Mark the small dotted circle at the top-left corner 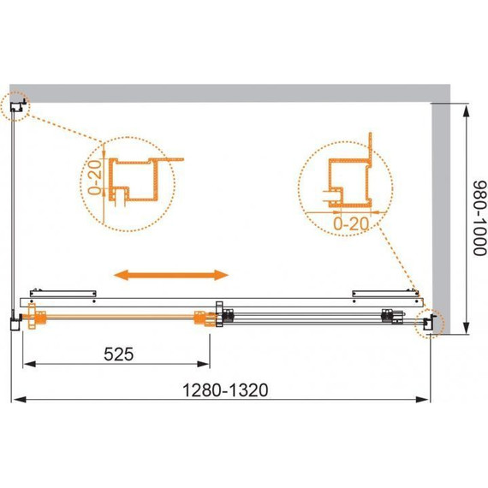(17, 106)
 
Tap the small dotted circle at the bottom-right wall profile (427, 323)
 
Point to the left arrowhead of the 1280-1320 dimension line (14, 400)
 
